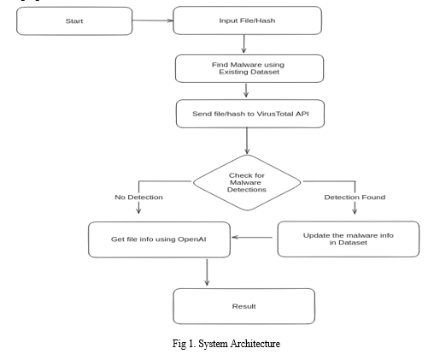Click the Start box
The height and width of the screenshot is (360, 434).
74,21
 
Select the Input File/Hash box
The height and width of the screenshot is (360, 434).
247,21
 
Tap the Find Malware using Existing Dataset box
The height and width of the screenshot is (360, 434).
249,68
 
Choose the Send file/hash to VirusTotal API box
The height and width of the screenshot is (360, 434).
250,114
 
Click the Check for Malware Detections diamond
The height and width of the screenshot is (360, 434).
247,182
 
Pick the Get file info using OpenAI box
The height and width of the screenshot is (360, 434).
159,239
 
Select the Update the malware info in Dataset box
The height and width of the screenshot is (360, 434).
349,239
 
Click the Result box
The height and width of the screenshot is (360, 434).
244,306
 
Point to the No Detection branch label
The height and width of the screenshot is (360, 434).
138,198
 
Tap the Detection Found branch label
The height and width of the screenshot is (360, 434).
355,198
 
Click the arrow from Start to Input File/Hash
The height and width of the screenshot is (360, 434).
153,21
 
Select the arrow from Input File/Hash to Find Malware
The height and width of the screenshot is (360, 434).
243,44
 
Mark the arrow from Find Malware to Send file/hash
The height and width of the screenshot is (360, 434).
246,90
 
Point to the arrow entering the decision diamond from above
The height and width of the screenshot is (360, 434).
247,141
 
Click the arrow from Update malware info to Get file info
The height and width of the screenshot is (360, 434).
252,237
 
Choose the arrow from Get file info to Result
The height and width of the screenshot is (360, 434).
207,272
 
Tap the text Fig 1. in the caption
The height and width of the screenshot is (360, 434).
184,344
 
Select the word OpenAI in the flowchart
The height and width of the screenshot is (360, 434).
191,239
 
